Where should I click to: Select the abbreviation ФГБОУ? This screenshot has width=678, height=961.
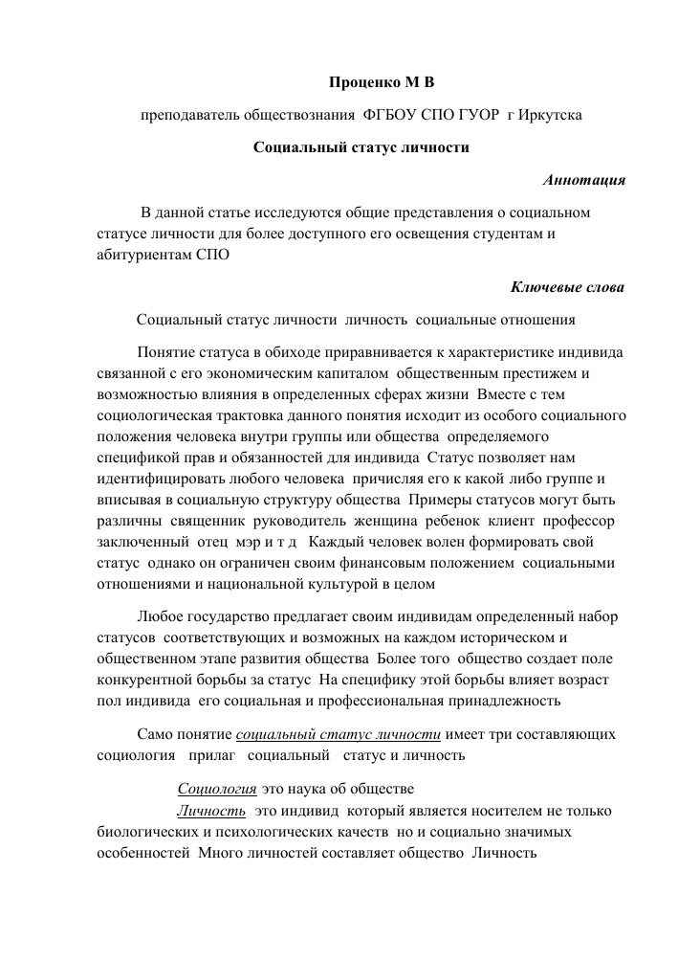click(392, 115)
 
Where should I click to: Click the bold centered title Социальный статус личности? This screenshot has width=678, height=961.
click(361, 147)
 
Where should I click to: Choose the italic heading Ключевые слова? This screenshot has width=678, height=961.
click(569, 286)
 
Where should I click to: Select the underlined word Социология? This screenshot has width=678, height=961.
click(217, 789)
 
